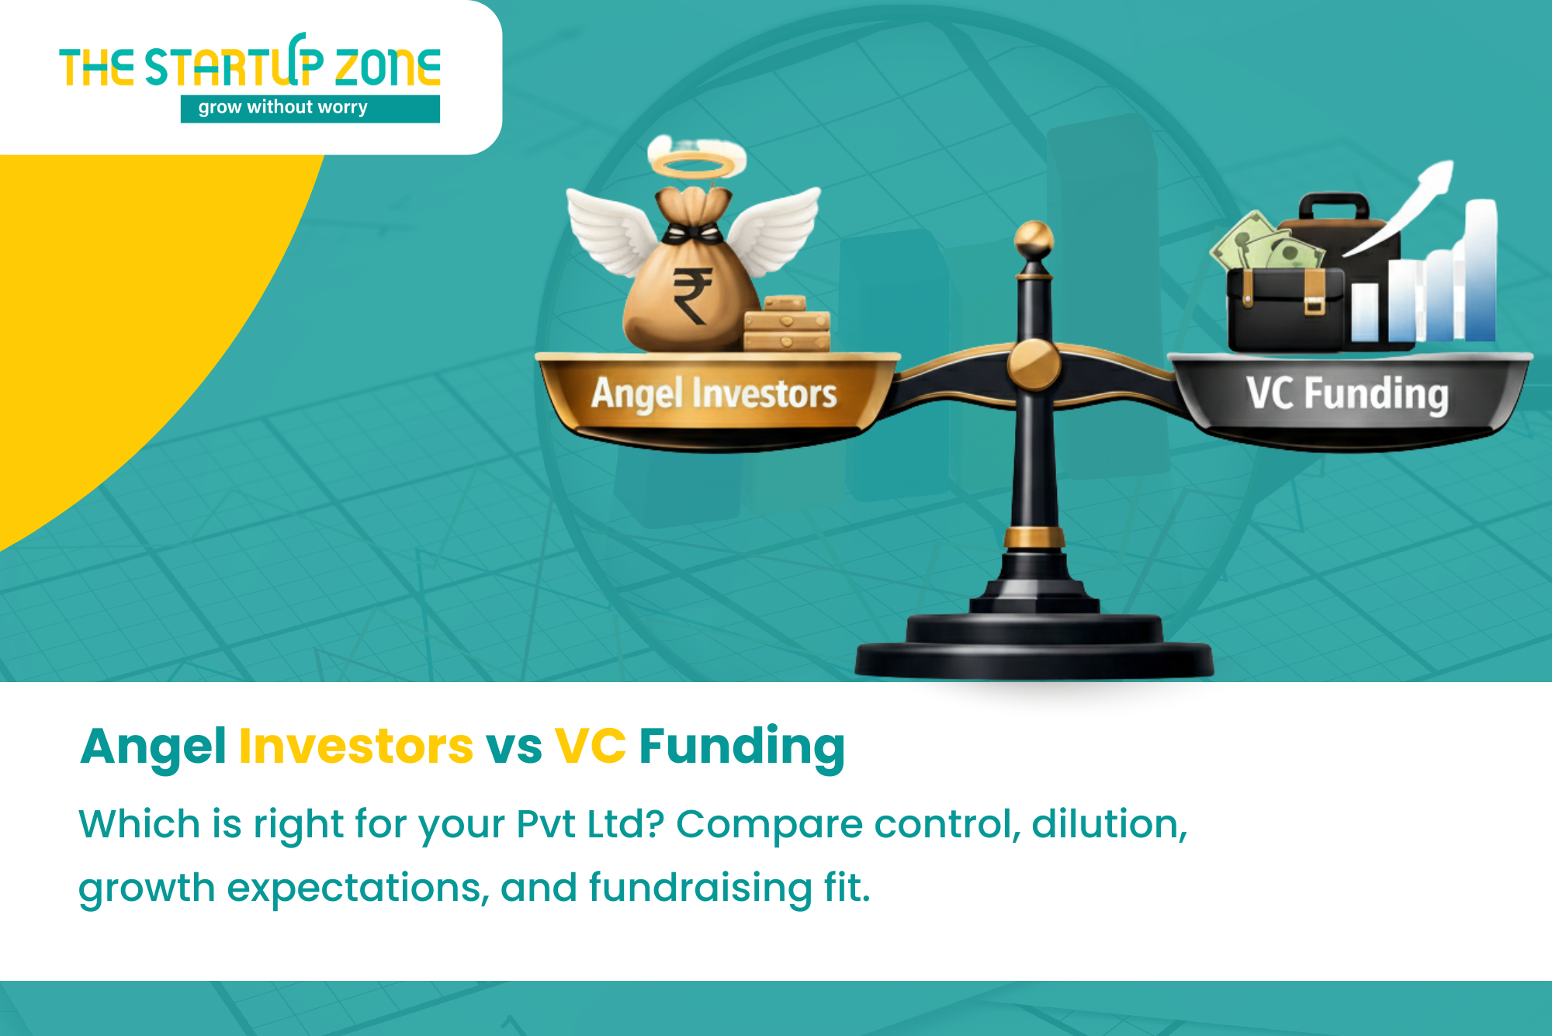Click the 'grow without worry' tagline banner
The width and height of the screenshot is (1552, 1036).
pos(310,109)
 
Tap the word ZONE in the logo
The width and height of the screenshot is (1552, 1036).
pos(388,67)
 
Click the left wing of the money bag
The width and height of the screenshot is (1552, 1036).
pos(613,230)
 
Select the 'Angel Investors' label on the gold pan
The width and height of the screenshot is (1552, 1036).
pos(714,393)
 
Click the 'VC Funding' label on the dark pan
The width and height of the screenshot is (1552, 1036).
pos(1348,393)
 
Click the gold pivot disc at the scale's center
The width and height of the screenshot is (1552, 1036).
pos(1034,364)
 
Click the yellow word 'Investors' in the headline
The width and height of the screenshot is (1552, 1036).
pos(356,747)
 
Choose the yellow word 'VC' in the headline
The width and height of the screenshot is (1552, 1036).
pos(591,747)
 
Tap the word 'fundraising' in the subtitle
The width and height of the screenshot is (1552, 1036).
pos(701,888)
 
